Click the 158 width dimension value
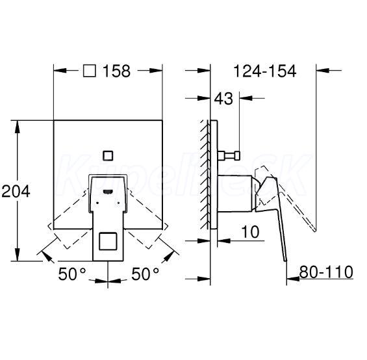click(116, 71)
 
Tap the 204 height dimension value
click(16, 191)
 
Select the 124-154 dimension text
click(265, 71)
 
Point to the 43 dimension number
click(223, 98)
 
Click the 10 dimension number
click(250, 232)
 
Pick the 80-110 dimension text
click(326, 272)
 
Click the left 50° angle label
click(72, 274)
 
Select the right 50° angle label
click(145, 274)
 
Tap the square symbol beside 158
click(90, 71)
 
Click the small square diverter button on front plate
click(108, 156)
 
